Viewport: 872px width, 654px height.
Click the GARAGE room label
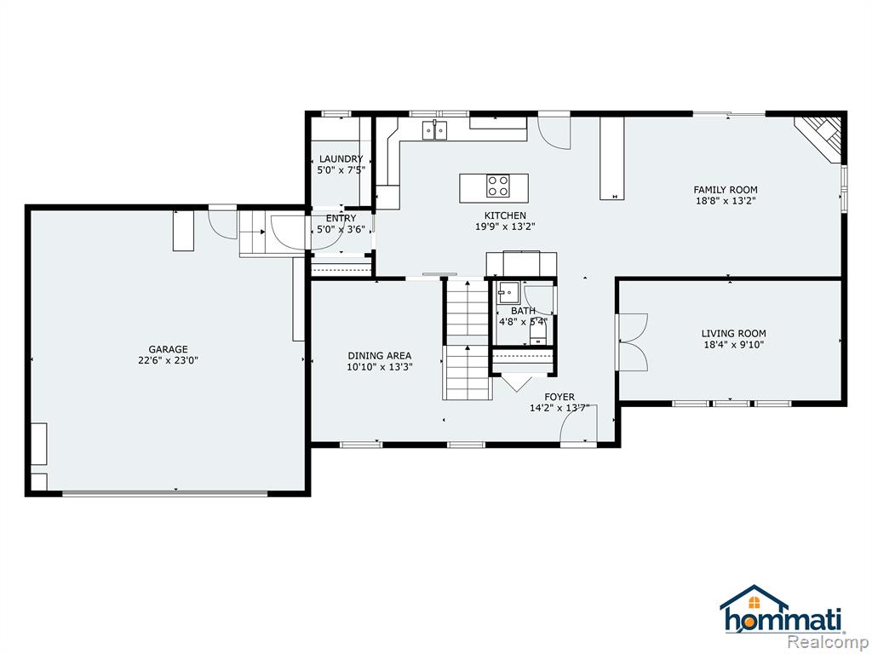[x=168, y=349]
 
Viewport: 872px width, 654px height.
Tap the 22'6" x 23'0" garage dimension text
[x=168, y=360]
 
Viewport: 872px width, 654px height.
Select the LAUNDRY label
[x=341, y=159]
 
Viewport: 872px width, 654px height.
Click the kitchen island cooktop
[x=497, y=186]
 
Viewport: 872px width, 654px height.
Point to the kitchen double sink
[x=435, y=129]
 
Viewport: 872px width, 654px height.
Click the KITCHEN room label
[x=505, y=215]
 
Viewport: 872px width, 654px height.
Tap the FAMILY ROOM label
[x=726, y=190]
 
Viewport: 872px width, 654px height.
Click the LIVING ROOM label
[x=733, y=334]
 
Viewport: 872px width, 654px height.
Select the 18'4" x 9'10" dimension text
[x=733, y=345]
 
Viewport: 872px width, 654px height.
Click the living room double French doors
[x=632, y=342]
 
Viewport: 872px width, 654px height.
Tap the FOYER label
[x=559, y=397]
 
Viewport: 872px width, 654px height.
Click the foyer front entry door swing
[x=578, y=425]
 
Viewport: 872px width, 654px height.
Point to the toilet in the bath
[x=538, y=335]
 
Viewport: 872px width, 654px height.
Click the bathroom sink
[x=508, y=290]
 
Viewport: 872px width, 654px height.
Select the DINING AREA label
[x=380, y=356]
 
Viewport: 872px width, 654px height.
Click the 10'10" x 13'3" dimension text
[x=380, y=367]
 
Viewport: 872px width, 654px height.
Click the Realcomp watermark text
[x=828, y=640]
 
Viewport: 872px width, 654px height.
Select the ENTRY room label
[x=341, y=219]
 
